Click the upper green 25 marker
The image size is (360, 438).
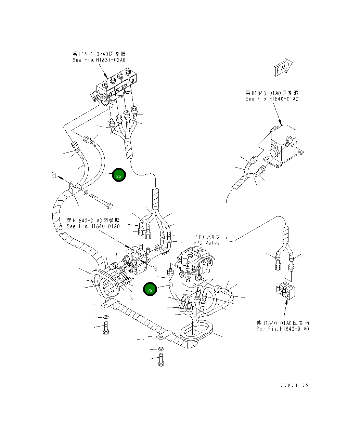pyautogui.click(x=119, y=175)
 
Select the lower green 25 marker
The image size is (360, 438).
pyautogui.click(x=150, y=290)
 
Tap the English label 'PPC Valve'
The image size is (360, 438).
pyautogui.click(x=206, y=243)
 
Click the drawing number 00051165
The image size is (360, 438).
pyautogui.click(x=294, y=385)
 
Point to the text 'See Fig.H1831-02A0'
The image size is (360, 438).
pyautogui.click(x=99, y=60)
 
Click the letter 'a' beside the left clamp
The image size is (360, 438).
pyautogui.click(x=54, y=175)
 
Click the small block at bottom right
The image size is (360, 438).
pyautogui.click(x=287, y=291)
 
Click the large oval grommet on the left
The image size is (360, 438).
pyautogui.click(x=106, y=284)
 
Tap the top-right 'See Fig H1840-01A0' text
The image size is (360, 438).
pyautogui.click(x=272, y=99)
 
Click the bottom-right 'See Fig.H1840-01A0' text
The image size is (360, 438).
pyautogui.click(x=282, y=329)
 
